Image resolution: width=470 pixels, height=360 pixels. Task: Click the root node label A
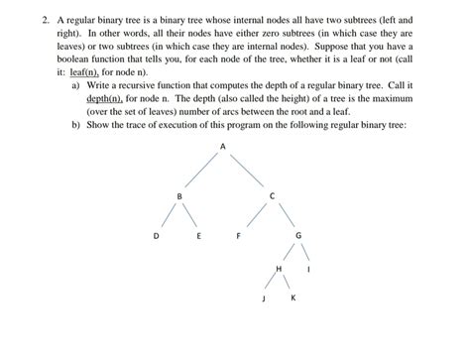point(223,147)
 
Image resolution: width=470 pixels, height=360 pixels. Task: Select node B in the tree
point(179,196)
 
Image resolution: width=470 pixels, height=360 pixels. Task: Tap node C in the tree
point(272,195)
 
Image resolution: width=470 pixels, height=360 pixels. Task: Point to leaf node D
point(156,236)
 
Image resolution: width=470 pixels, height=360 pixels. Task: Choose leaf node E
point(199,236)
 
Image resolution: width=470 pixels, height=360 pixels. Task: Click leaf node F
point(238,236)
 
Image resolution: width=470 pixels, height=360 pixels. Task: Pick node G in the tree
point(298,236)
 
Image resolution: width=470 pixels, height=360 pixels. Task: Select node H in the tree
point(279,269)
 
